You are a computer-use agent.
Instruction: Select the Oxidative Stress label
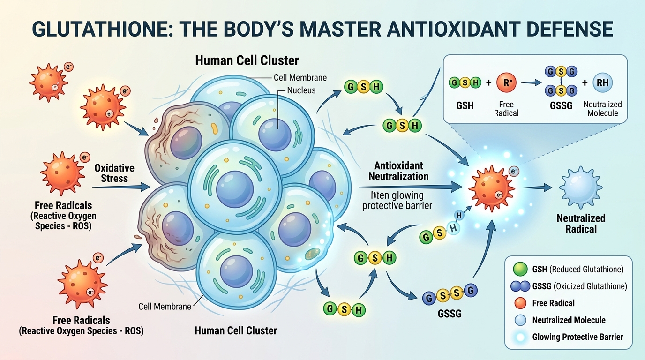pos(114,172)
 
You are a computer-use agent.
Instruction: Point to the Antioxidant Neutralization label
pos(398,171)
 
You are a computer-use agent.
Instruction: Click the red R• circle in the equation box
pos(506,83)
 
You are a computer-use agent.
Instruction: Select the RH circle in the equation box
pos(602,83)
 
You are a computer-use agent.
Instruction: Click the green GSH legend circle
pos(521,269)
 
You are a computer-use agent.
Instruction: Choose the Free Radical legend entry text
pos(553,303)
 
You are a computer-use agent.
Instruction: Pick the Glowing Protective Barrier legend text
pos(577,337)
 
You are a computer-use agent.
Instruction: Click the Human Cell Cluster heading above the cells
pos(247,60)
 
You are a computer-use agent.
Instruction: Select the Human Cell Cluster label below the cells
pos(236,330)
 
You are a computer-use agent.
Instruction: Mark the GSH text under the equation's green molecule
pos(465,105)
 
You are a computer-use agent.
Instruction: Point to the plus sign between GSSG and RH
pos(584,83)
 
